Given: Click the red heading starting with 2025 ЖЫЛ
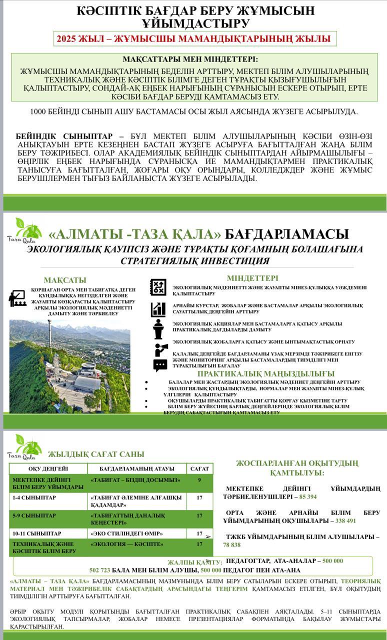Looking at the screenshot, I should coord(193,39).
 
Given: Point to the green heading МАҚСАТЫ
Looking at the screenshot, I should coord(65,280).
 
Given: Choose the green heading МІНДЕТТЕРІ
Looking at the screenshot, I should coord(252,278).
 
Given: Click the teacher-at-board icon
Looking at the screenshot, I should coord(17,298).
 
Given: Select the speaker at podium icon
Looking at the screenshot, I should coord(158,329).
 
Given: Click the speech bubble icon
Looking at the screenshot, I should coord(160,365).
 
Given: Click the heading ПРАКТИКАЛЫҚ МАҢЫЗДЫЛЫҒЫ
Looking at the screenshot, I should coord(265,373).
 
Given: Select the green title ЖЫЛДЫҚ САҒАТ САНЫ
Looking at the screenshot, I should coord(96,454).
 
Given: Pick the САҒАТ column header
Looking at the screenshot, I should coord(199,468).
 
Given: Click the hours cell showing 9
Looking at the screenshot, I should coord(199,480).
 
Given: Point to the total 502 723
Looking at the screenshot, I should coord(99,570).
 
